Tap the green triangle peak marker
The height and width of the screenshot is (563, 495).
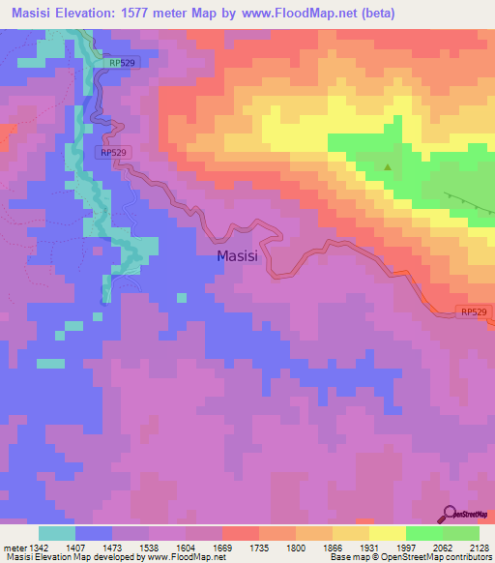(x=388, y=166)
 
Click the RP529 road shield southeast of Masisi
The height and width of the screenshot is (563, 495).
(x=473, y=311)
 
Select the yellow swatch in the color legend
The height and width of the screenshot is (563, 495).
(x=387, y=533)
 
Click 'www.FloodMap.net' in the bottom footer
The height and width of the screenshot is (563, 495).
(x=185, y=557)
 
